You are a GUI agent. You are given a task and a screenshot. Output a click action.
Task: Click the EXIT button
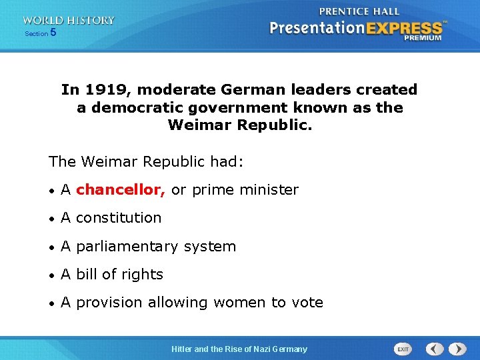(403, 349)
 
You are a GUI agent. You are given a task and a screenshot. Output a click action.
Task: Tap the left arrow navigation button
(435, 349)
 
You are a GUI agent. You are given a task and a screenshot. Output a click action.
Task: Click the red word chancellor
(121, 190)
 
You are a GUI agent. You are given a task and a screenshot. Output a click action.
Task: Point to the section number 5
(53, 32)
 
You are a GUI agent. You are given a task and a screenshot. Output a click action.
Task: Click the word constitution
(119, 218)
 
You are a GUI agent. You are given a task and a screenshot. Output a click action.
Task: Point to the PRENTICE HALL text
(359, 11)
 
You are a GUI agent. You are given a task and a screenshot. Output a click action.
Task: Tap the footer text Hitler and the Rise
(213, 349)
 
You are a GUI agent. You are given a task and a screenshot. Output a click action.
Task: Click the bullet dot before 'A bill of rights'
(52, 275)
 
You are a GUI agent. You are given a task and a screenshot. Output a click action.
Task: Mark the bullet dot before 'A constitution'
(52, 219)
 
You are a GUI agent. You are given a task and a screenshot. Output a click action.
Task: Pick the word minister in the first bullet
(270, 190)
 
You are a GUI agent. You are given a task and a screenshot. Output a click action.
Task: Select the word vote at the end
(307, 303)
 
